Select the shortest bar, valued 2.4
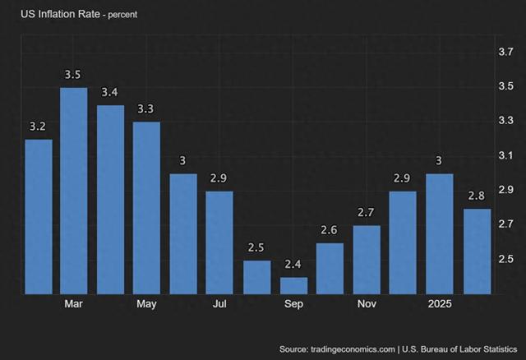pos(293,285)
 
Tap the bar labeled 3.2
pos(39,216)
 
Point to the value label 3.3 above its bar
pos(146,108)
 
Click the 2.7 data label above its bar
pos(366,213)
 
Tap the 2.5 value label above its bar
pos(257,247)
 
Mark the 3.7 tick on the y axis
pos(506,52)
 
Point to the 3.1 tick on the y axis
pos(506,155)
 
